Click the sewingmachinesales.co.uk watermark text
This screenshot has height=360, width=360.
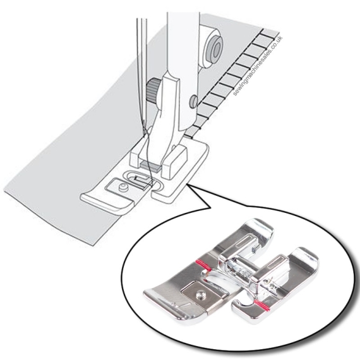pyautogui.click(x=258, y=66)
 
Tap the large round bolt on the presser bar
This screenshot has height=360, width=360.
pyautogui.click(x=212, y=49)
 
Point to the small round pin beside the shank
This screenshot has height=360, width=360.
pyautogui.click(x=193, y=102)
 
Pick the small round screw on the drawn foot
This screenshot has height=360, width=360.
pyautogui.click(x=124, y=186)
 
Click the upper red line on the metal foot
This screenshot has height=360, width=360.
pyautogui.click(x=202, y=265)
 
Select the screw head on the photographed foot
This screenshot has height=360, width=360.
pyautogui.click(x=200, y=295)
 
